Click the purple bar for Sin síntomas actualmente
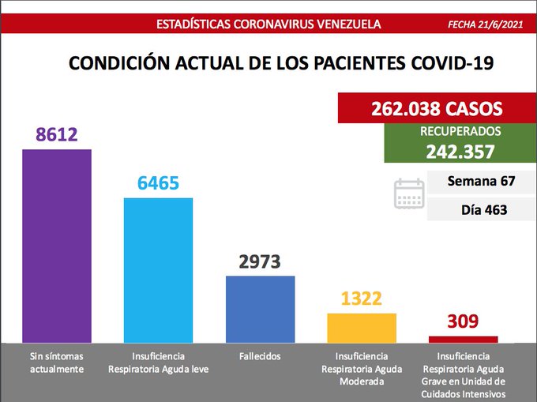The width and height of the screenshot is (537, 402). click(x=57, y=245)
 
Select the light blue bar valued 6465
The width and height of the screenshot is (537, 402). click(x=159, y=269)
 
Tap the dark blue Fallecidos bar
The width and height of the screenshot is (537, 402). click(x=260, y=308)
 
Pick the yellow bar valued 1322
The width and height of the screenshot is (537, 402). click(x=362, y=327)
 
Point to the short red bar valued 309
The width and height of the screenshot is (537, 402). click(x=463, y=339)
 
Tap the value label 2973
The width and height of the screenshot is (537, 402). click(x=260, y=261)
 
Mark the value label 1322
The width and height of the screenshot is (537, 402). click(x=362, y=299)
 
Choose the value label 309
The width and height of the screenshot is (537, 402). click(x=463, y=321)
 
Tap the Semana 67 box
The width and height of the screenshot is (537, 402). click(x=481, y=182)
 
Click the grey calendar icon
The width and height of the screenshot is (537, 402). click(x=409, y=193)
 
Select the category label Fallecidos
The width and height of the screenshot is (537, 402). click(x=260, y=356)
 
